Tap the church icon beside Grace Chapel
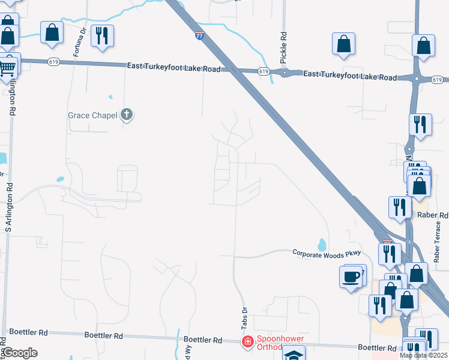click(126, 114)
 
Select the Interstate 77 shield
click(199, 36)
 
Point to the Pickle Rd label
click(283, 46)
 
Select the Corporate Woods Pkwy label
click(328, 253)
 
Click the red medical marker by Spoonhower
click(247, 342)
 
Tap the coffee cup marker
click(352, 277)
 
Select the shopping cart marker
click(7, 67)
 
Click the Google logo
click(19, 353)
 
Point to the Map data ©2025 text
click(423, 355)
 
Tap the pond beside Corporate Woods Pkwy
click(322, 244)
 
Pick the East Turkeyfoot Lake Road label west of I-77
click(173, 69)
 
